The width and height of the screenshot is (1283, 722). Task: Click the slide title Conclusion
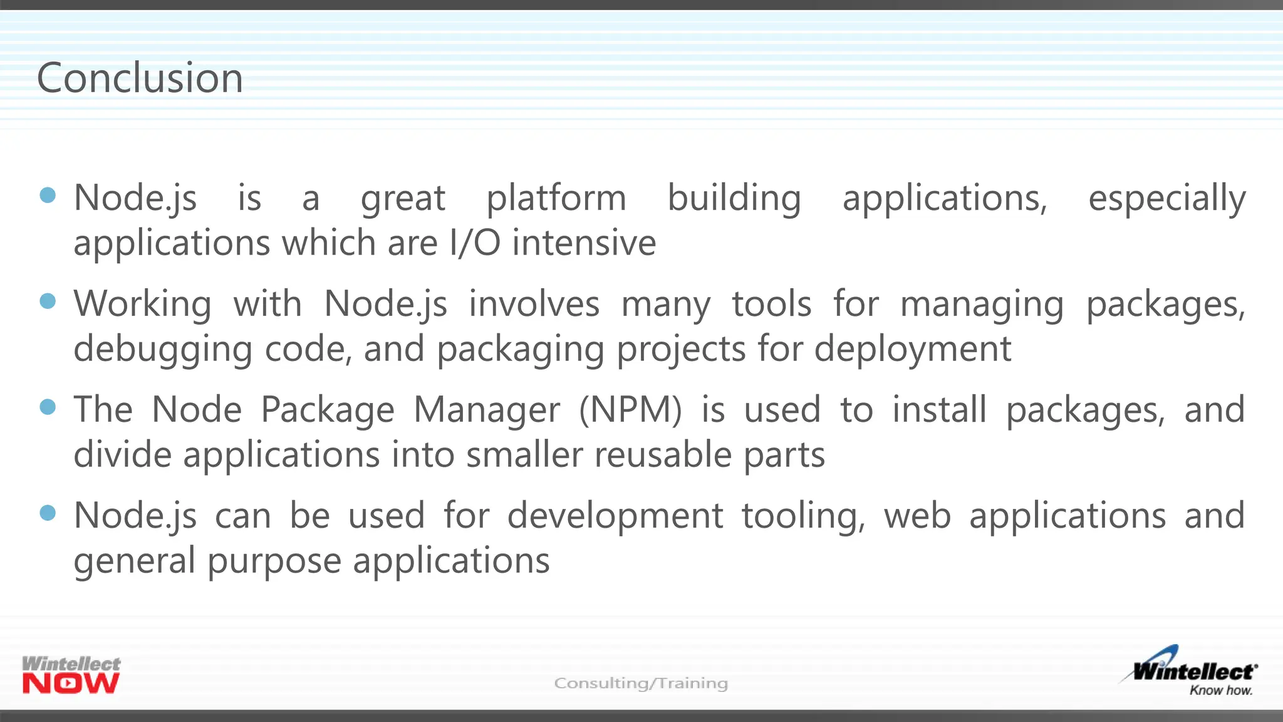pyautogui.click(x=140, y=78)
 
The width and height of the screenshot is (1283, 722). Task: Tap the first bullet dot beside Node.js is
pyautogui.click(x=48, y=195)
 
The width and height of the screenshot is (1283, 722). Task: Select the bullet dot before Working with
pyautogui.click(x=48, y=301)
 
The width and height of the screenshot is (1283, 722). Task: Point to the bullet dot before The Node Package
pyautogui.click(x=48, y=407)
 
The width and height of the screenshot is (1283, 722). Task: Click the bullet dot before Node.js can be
pyautogui.click(x=48, y=513)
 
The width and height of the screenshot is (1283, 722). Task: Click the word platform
pyautogui.click(x=556, y=199)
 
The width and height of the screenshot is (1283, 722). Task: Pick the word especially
pyautogui.click(x=1166, y=199)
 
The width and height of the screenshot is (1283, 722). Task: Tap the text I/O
pyautogui.click(x=475, y=243)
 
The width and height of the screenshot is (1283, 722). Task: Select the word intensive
pyautogui.click(x=584, y=243)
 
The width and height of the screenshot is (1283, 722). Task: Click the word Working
pyautogui.click(x=142, y=305)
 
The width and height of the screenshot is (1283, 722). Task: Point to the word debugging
pyautogui.click(x=163, y=350)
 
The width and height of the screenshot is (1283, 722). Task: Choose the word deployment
pyautogui.click(x=913, y=350)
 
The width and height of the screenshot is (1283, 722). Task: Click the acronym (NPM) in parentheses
pyautogui.click(x=630, y=411)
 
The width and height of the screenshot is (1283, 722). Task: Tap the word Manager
pyautogui.click(x=487, y=411)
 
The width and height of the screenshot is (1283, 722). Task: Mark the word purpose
pyautogui.click(x=274, y=562)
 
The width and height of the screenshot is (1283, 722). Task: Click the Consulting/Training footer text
pyautogui.click(x=641, y=683)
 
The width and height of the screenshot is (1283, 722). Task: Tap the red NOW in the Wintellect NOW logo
pyautogui.click(x=71, y=684)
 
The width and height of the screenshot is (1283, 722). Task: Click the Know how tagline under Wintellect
pyautogui.click(x=1220, y=690)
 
